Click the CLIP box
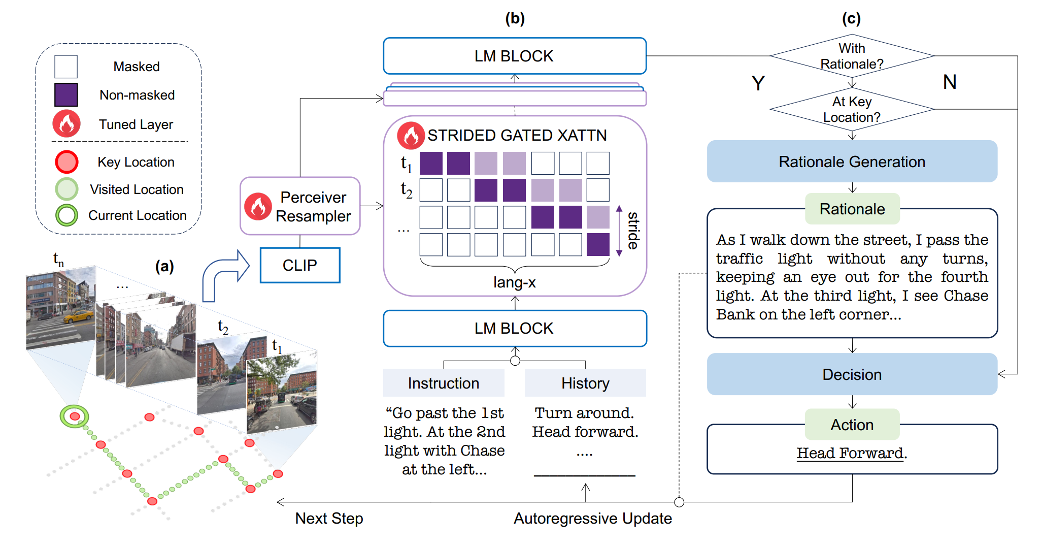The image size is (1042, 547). coord(299,265)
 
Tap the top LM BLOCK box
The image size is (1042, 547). coord(514,56)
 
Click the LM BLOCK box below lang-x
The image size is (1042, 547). coord(514,329)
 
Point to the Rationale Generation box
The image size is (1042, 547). coord(852,162)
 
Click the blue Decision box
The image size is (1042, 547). coord(852,374)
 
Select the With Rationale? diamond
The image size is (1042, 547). coord(852,56)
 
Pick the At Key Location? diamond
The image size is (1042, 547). coord(852,109)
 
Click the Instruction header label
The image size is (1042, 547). coord(443,383)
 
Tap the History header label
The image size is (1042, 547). coord(585,383)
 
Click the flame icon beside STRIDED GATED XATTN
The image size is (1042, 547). coord(411,136)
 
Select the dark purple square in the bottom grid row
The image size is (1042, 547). coord(597,245)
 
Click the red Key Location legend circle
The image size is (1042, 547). coord(66,162)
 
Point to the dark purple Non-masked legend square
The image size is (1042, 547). coord(66,95)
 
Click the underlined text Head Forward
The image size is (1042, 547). coord(851,453)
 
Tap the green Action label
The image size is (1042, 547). coord(852,425)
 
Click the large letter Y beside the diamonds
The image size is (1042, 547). coord(758,83)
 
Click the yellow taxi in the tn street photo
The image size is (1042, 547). coord(78,317)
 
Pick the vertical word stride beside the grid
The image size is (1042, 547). coord(633,231)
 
